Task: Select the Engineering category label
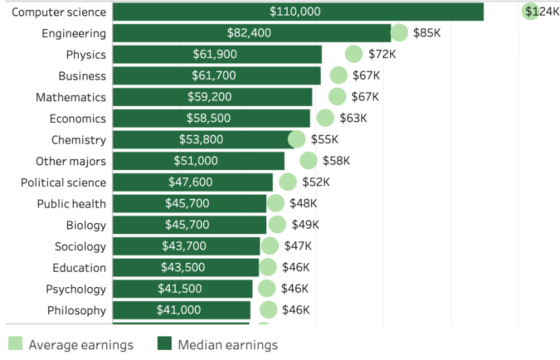[73, 33]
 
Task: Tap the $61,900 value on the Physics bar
[215, 54]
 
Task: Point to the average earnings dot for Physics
[354, 54]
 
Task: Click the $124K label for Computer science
[542, 11]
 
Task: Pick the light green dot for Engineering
[400, 32]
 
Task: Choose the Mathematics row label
[71, 97]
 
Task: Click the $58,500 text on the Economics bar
[208, 118]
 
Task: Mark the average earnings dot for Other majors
[309, 160]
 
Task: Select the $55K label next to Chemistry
[324, 140]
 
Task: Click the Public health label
[71, 204]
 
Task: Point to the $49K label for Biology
[305, 224]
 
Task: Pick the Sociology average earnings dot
[270, 246]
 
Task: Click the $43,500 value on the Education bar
[183, 267]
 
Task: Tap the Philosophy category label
[76, 310]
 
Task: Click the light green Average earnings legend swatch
[15, 344]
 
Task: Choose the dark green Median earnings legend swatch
[164, 344]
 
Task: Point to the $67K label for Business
[366, 76]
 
